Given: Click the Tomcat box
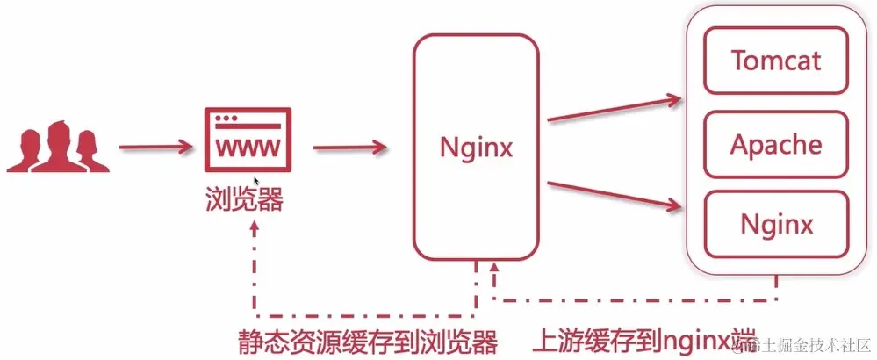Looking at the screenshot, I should point(777,61).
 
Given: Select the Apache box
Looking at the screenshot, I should point(777,144).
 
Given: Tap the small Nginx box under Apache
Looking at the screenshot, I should point(777,225).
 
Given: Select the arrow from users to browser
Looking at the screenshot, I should point(155,147).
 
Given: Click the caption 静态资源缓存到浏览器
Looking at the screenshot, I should point(369,341).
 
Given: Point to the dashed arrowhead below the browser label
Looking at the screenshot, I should point(255,227).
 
